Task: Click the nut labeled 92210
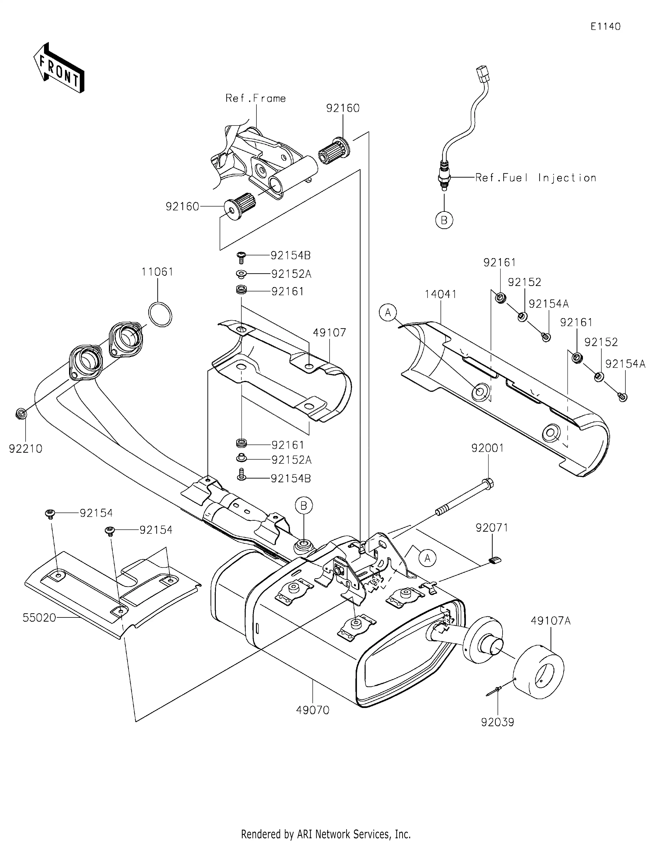pos(21,414)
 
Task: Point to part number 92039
pos(497,722)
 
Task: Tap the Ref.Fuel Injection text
pos(536,178)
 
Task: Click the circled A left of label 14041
pos(388,312)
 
